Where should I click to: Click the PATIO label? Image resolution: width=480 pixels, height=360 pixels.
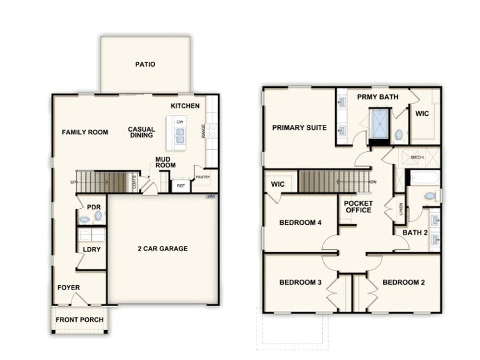pos(145,64)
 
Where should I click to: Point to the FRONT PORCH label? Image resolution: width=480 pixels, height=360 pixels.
pos(80,320)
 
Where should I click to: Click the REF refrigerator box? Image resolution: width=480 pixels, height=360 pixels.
pos(181,186)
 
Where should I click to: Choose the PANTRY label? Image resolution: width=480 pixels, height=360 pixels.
pos(202,178)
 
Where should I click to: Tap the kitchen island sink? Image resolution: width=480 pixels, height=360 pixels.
pos(180,138)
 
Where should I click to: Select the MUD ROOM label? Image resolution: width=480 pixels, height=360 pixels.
pos(165,162)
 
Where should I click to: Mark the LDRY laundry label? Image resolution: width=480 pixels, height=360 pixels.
pos(92,249)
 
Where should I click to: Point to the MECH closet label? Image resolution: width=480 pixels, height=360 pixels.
pos(417,157)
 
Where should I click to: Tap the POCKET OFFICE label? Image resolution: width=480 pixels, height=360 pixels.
pos(358,207)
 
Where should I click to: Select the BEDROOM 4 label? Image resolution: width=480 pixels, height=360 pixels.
pos(300,223)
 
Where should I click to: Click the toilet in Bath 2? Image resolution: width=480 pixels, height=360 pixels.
pos(430,196)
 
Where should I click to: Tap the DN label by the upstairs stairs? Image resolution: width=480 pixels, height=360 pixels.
pos(373,182)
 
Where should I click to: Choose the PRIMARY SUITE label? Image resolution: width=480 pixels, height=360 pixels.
pos(299,128)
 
